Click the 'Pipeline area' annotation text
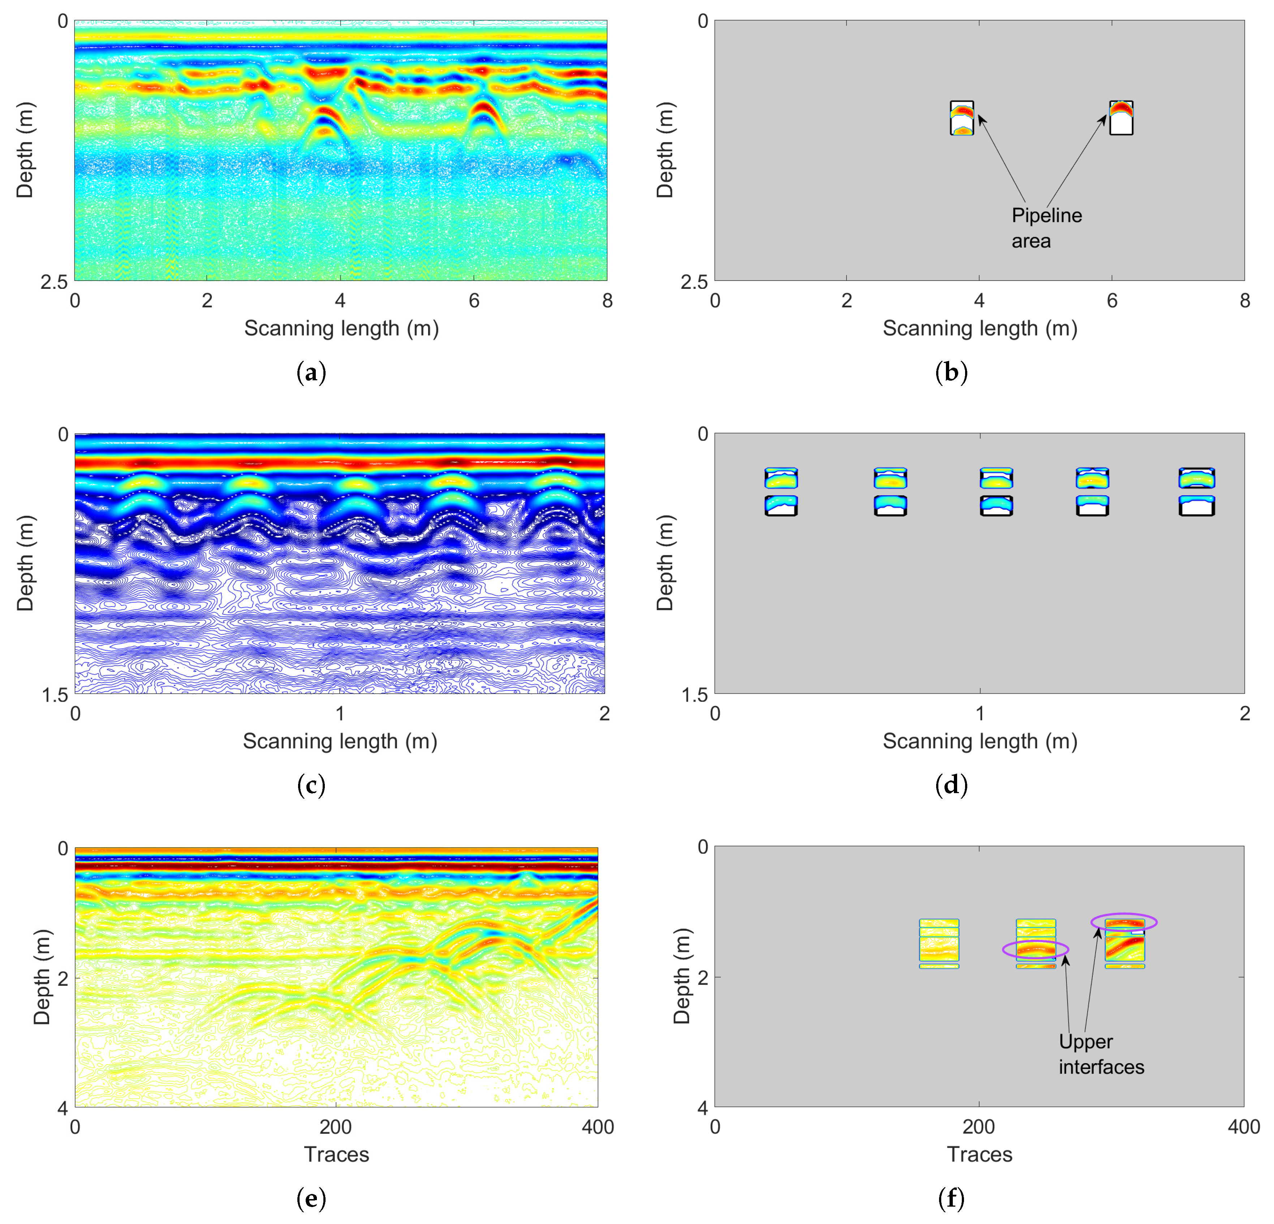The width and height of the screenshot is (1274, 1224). [1046, 228]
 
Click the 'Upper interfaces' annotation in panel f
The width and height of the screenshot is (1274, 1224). [1101, 1054]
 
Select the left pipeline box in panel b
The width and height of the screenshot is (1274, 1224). [961, 118]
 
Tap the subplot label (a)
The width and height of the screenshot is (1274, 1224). [311, 373]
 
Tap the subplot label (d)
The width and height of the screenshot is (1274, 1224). [951, 785]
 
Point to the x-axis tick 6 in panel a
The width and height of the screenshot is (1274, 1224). [474, 300]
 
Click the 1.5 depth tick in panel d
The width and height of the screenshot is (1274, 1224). [694, 694]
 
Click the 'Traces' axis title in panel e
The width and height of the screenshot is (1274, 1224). [336, 1154]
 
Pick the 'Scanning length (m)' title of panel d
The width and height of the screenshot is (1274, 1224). [980, 741]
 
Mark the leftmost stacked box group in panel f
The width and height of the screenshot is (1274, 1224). [939, 943]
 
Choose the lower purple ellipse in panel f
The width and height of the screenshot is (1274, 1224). [1035, 950]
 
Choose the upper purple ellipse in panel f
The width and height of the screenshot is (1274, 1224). [1123, 921]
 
